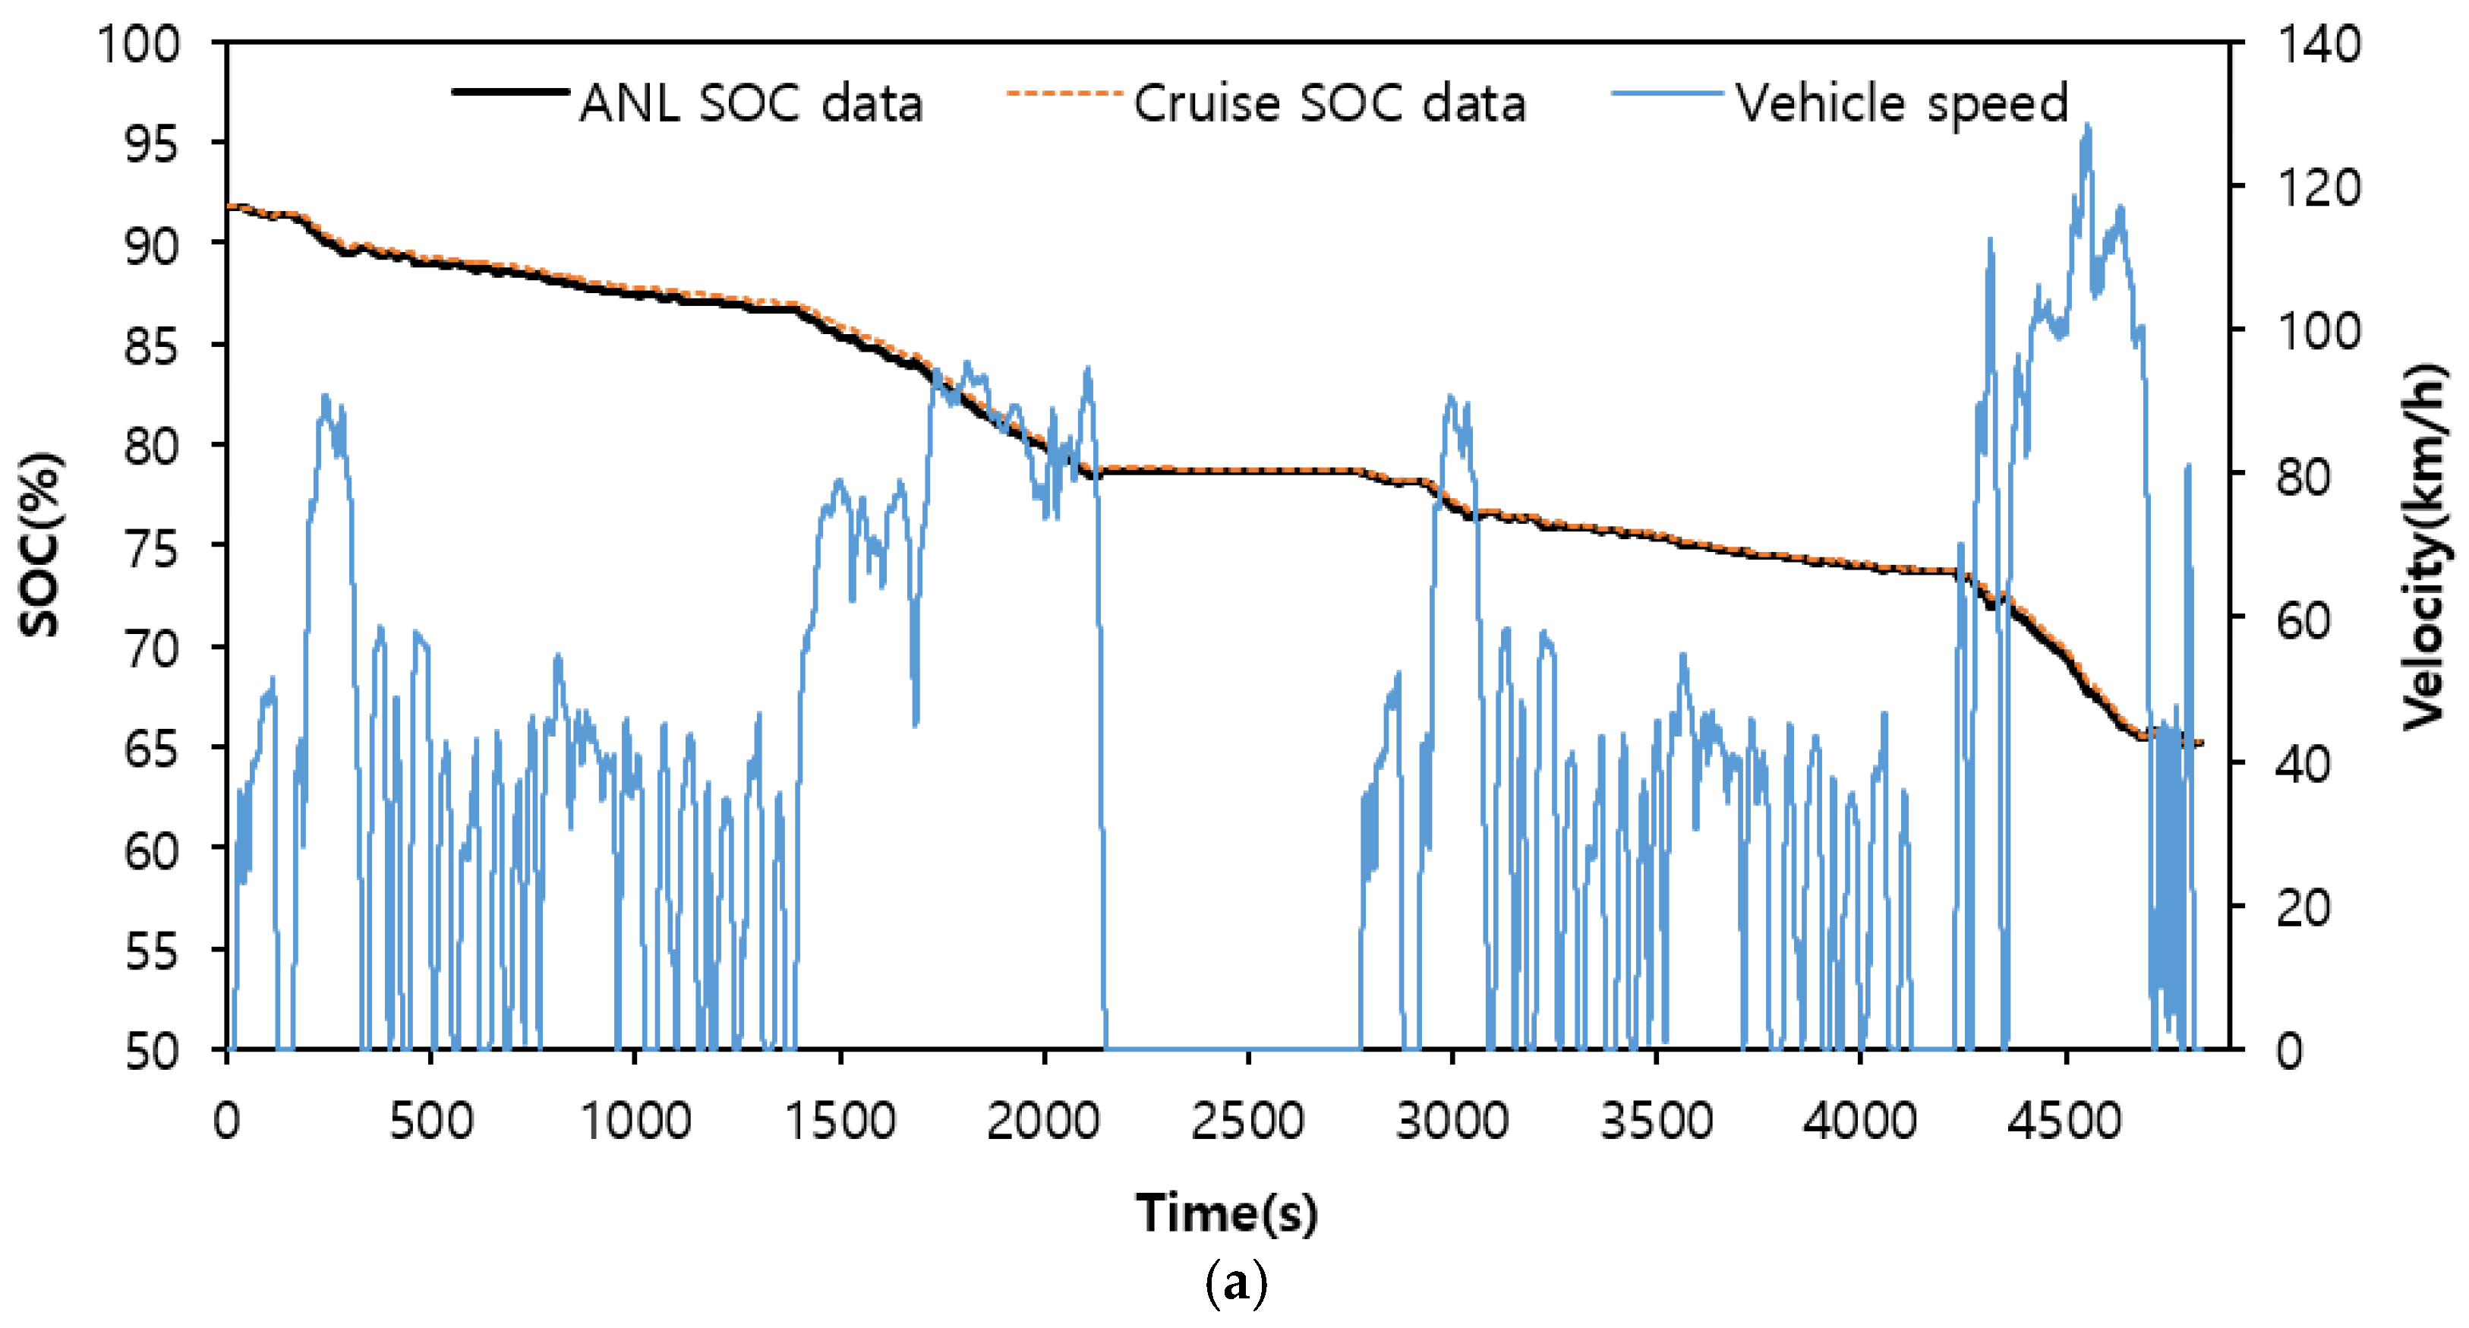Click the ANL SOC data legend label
click(750, 103)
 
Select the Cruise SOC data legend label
click(1329, 103)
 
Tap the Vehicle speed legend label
click(1902, 103)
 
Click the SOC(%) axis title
click(40, 544)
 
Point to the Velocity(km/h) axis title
click(2425, 547)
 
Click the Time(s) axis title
click(1227, 1212)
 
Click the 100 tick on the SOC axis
click(139, 44)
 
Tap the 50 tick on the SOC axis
click(151, 1051)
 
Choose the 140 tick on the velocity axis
click(2318, 44)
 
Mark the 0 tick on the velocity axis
click(2290, 1051)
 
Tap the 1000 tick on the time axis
click(635, 1120)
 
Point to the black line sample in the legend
click(510, 92)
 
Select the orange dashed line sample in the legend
click(1064, 93)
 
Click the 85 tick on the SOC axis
click(151, 346)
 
